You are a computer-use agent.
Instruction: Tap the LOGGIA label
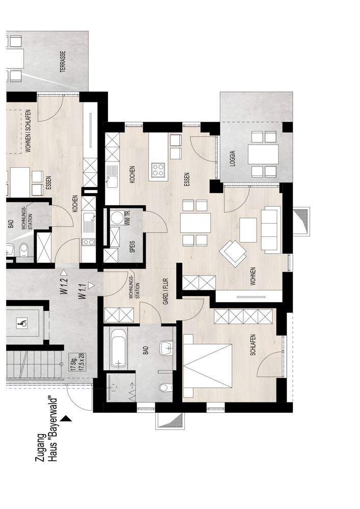pos(233,159)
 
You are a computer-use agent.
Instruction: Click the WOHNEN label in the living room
pos(253,276)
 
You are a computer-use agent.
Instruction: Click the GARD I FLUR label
pos(165,291)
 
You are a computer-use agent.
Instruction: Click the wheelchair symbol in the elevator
pos(21,323)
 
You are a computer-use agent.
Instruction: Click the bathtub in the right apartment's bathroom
pos(118,349)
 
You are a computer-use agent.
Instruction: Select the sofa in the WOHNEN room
pos(270,230)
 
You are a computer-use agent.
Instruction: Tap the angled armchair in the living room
pos(232,252)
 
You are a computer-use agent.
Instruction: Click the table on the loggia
pos(263,154)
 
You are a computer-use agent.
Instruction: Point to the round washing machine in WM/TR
pos(117,219)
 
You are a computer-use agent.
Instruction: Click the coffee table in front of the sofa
pos(248,230)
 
